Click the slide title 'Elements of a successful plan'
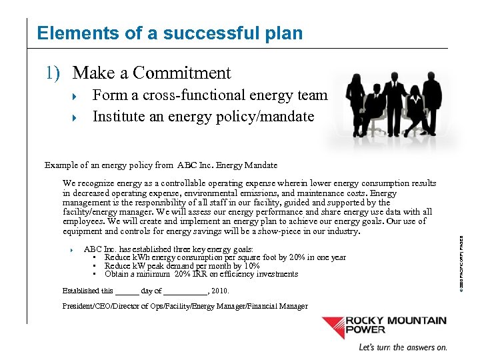(x=170, y=33)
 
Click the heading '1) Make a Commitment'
(x=138, y=73)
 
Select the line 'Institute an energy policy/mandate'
(x=203, y=116)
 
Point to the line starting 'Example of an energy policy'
(x=161, y=165)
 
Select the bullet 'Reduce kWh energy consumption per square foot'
(x=225, y=257)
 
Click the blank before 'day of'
(x=127, y=291)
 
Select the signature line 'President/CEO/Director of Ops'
(x=185, y=306)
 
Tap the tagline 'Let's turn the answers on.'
(x=403, y=347)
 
